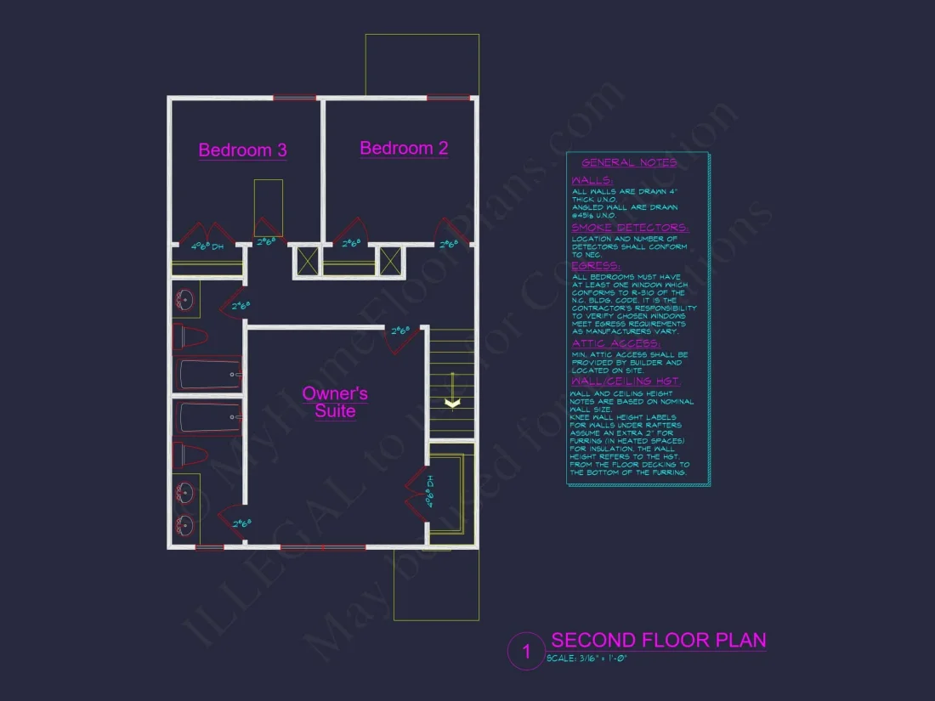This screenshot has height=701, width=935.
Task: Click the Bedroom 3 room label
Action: click(242, 150)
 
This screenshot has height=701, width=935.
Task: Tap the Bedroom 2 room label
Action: click(404, 148)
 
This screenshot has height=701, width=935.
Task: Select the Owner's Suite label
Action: click(335, 402)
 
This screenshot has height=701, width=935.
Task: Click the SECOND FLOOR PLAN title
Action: click(658, 640)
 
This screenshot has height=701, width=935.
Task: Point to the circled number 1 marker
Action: click(526, 653)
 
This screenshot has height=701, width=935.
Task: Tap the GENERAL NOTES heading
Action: click(629, 163)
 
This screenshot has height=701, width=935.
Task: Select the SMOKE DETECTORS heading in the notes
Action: click(630, 228)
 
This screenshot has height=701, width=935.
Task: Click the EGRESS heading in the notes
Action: click(596, 266)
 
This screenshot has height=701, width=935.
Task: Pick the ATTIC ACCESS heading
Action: click(615, 343)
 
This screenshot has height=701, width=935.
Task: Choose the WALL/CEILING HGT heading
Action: click(626, 382)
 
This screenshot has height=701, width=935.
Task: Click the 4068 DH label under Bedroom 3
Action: click(207, 247)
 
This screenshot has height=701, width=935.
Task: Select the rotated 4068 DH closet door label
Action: click(430, 493)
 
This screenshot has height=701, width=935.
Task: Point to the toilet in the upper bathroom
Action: click(191, 337)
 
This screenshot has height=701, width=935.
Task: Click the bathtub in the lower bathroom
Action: click(208, 417)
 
